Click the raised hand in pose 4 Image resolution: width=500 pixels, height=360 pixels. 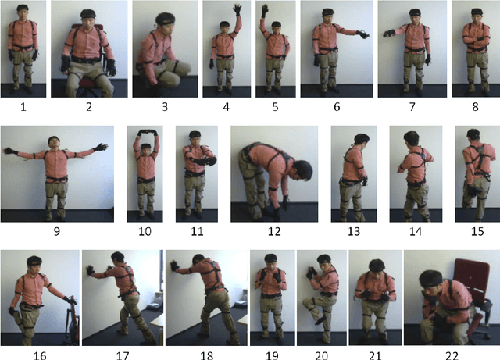(x=237, y=9)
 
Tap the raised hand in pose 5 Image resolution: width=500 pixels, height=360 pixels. (x=265, y=11)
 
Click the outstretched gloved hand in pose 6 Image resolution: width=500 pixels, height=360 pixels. (x=363, y=34)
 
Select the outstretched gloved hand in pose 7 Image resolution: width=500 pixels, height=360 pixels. (x=388, y=34)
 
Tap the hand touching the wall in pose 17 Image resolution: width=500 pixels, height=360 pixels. (x=91, y=270)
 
